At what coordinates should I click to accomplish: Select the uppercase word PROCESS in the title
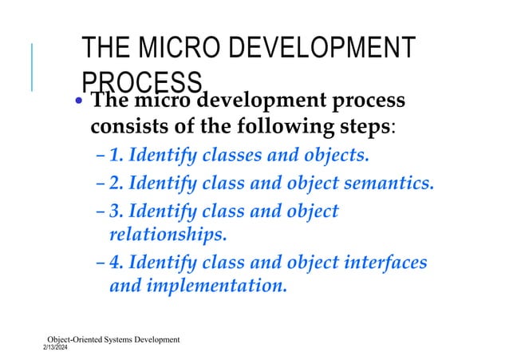[141, 81]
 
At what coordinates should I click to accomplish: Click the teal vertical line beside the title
[32, 65]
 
